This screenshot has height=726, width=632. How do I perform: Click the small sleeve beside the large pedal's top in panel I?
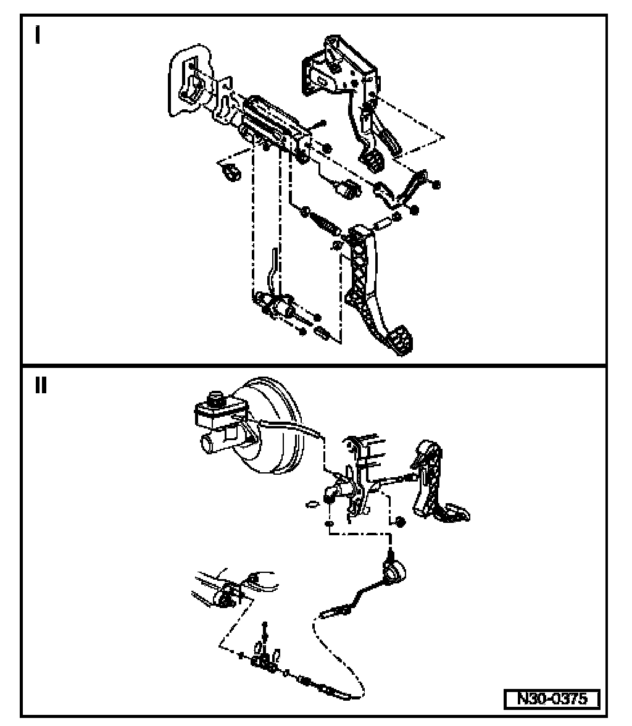(x=379, y=221)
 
